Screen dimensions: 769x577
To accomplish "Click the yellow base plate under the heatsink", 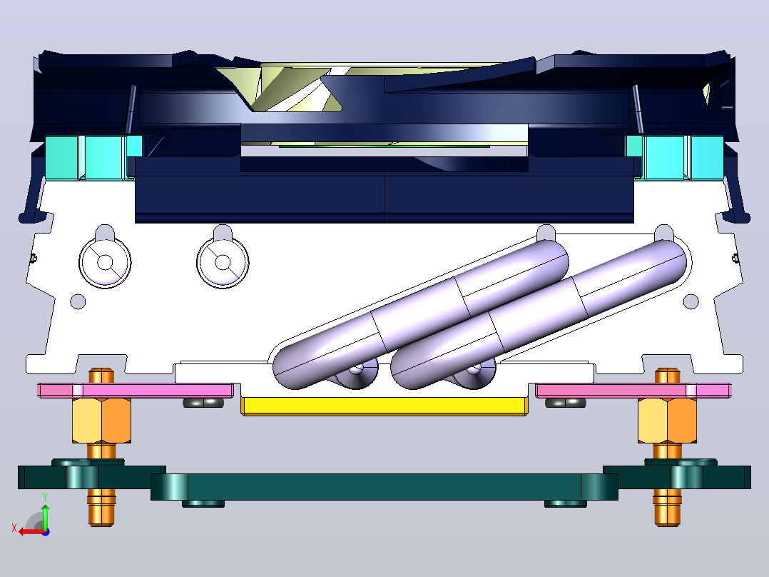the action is pos(385,406).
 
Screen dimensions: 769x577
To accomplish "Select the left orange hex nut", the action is pos(101,421).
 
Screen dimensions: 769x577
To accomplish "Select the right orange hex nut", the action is pos(667,421).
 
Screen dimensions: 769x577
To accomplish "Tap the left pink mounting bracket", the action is pos(136,391).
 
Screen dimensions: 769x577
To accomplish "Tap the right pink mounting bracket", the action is pos(633,391).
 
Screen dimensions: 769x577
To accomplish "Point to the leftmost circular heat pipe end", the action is pos(105,262).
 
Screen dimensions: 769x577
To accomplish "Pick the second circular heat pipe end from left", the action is pos(223,262).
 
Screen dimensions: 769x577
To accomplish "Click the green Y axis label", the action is pos(45,496).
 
